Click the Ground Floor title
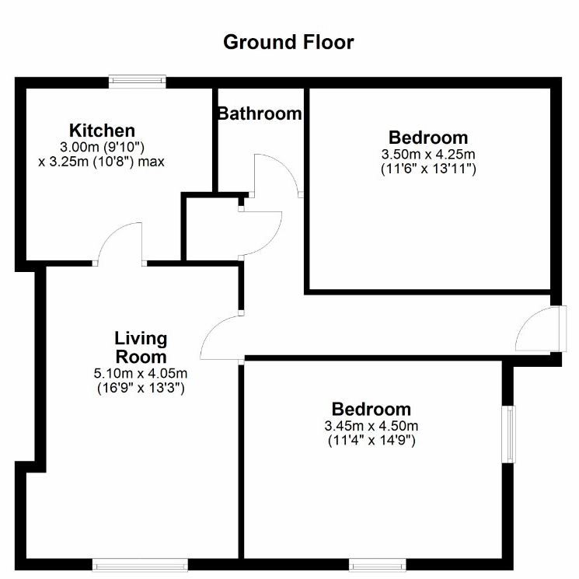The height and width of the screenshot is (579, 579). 288,43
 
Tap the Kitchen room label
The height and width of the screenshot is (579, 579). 103,131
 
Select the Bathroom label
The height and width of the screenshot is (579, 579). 260,113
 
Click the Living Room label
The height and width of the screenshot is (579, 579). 141,347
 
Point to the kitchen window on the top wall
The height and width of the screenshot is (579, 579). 138,82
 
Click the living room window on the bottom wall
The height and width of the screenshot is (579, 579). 140,565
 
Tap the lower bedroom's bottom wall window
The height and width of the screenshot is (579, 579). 378,565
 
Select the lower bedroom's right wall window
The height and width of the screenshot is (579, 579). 509,434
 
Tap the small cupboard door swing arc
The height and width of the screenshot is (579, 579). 272,241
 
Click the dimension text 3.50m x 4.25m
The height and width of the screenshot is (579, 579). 428,154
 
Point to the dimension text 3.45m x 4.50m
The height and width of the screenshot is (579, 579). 371,426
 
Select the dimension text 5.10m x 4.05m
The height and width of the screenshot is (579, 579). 141,373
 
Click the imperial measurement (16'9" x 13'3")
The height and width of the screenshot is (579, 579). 141,388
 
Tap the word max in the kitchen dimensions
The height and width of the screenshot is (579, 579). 151,162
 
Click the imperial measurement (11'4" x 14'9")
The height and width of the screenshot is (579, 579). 371,441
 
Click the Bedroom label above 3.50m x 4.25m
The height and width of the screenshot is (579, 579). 428,138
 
